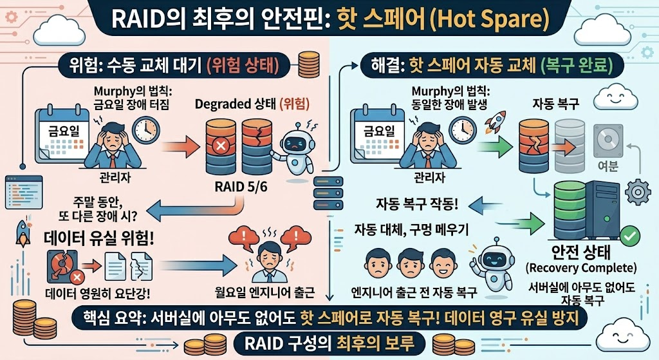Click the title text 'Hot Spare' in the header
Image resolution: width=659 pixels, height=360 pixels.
click(490, 19)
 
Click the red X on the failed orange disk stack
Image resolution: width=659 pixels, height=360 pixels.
click(219, 147)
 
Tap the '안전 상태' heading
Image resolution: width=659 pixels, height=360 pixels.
click(580, 254)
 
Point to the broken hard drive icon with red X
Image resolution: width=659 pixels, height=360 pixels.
click(65, 266)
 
